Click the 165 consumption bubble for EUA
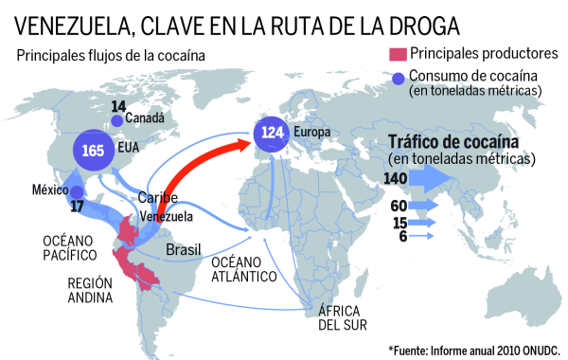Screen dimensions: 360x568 point(94,151)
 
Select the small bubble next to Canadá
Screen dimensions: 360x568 point(116,120)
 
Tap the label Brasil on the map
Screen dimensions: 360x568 point(184,249)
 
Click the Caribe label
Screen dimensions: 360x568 point(157,198)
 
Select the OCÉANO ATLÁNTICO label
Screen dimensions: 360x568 point(243,269)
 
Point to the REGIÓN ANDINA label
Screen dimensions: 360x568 point(90,291)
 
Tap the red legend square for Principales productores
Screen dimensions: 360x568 point(398,54)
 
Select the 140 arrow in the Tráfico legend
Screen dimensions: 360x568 point(425,178)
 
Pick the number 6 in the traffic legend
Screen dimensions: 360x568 point(402,237)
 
